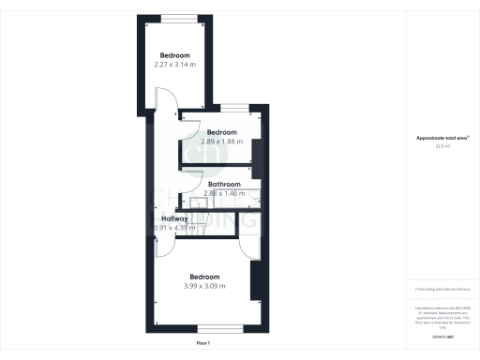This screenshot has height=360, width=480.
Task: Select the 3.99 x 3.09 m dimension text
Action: point(205,286)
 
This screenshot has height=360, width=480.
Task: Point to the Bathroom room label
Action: point(224,184)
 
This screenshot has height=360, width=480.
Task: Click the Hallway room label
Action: point(173,218)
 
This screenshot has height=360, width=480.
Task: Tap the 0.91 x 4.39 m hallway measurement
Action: point(174,228)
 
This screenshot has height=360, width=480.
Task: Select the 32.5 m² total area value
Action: point(442,146)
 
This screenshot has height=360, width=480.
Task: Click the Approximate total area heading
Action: point(442,138)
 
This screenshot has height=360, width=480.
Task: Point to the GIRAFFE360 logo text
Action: point(442,336)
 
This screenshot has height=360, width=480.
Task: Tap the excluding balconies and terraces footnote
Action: point(442,289)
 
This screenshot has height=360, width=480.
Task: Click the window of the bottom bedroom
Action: point(210,328)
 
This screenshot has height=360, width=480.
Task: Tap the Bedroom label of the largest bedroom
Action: point(205,277)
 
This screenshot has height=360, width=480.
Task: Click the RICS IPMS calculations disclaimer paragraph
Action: point(442,315)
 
